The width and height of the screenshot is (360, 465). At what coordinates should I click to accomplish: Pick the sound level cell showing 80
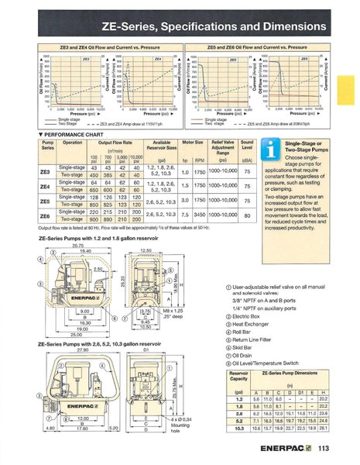[x=225, y=213]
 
